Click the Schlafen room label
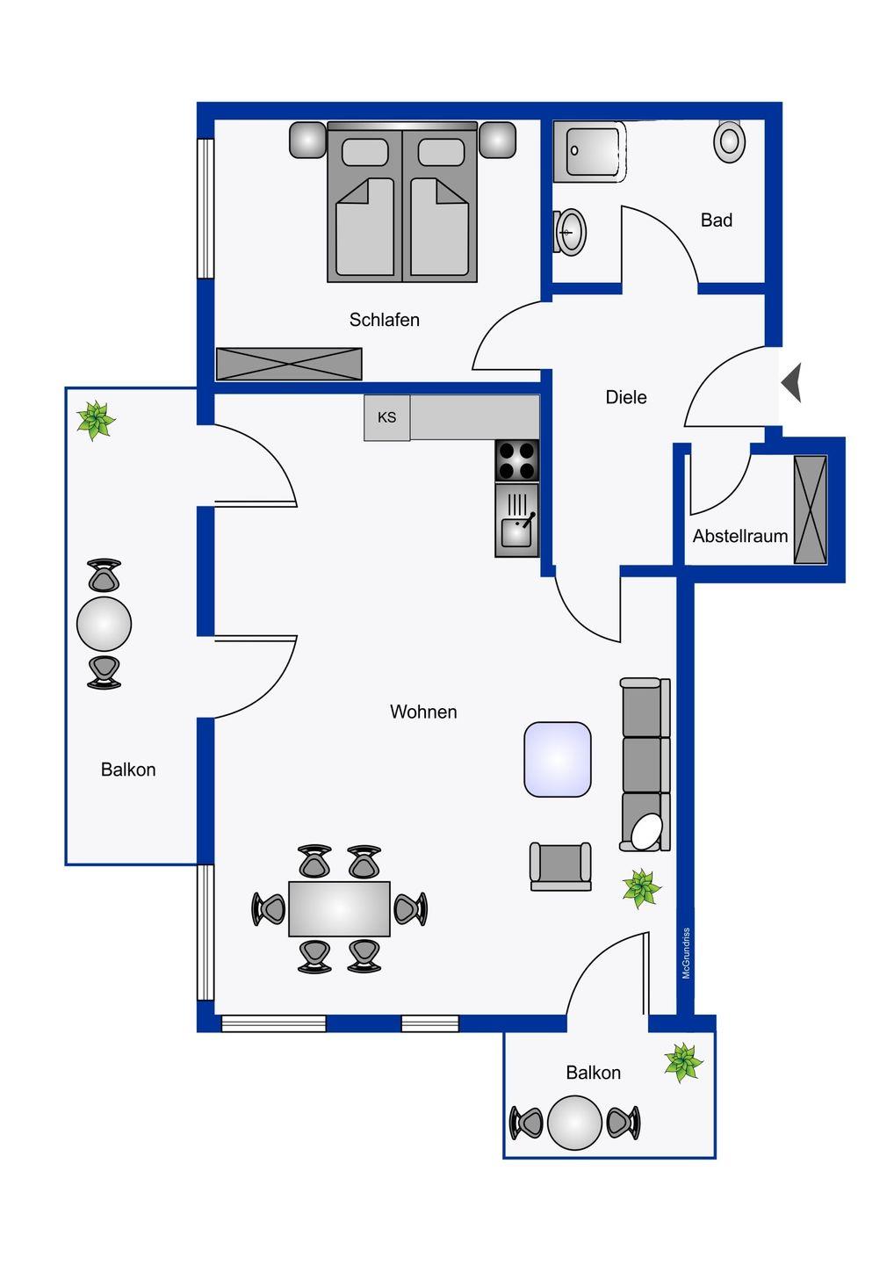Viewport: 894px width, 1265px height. coord(384,320)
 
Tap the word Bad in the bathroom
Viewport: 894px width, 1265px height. coord(717,220)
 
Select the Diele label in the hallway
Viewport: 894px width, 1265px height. coord(626,397)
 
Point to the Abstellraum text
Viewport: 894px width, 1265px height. coord(740,536)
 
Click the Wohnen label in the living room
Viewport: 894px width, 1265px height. coord(423,712)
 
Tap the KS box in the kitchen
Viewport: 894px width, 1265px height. coord(386,417)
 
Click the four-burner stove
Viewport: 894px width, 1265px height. coord(517,460)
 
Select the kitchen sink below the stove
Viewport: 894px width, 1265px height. coord(517,520)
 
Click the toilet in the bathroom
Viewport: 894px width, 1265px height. coord(729,141)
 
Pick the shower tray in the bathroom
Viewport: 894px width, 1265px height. coord(590,151)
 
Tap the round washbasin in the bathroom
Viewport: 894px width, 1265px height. coord(570,232)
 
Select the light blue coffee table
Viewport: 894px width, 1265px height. coord(558,760)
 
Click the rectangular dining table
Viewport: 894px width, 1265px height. coord(339,908)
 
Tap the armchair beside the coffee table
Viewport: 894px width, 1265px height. coord(560,867)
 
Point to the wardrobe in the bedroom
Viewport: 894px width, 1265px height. coord(289,364)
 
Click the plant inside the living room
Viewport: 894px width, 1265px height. coord(641,888)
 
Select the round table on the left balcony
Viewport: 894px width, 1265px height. coord(104,624)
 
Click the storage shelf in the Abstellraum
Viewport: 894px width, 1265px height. coord(810,510)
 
